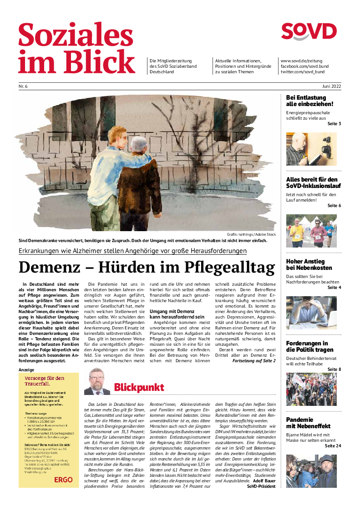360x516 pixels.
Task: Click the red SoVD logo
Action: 309,31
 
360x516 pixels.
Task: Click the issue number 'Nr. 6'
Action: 23,86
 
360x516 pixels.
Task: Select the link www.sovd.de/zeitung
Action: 302,61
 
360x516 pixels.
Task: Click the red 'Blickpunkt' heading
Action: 139,387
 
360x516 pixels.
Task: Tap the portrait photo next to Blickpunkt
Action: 97,381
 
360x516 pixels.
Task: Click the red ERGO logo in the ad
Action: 63,480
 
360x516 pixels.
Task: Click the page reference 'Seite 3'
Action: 334,124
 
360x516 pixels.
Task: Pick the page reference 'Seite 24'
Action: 333,445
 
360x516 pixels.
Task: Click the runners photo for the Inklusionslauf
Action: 311,231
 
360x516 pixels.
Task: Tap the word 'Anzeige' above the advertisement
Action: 26,370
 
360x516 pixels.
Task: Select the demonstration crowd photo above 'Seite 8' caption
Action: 311,389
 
